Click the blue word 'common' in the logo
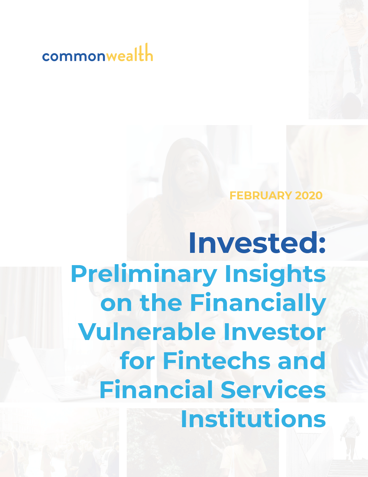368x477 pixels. click(x=74, y=57)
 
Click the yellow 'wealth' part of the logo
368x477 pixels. click(x=130, y=52)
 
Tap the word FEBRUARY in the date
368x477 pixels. click(x=261, y=195)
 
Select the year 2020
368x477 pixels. click(x=309, y=195)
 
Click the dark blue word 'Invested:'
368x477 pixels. click(x=257, y=243)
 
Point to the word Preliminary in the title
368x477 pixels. click(x=144, y=274)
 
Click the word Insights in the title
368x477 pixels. click(x=275, y=274)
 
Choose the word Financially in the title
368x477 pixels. click(x=258, y=303)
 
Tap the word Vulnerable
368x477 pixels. click(x=147, y=331)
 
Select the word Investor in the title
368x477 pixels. click(x=275, y=332)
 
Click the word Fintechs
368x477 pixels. click(x=216, y=361)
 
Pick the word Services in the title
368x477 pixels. click(x=273, y=389)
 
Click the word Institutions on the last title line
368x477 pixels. click(x=253, y=418)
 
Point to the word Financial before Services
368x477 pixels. click(x=156, y=389)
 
